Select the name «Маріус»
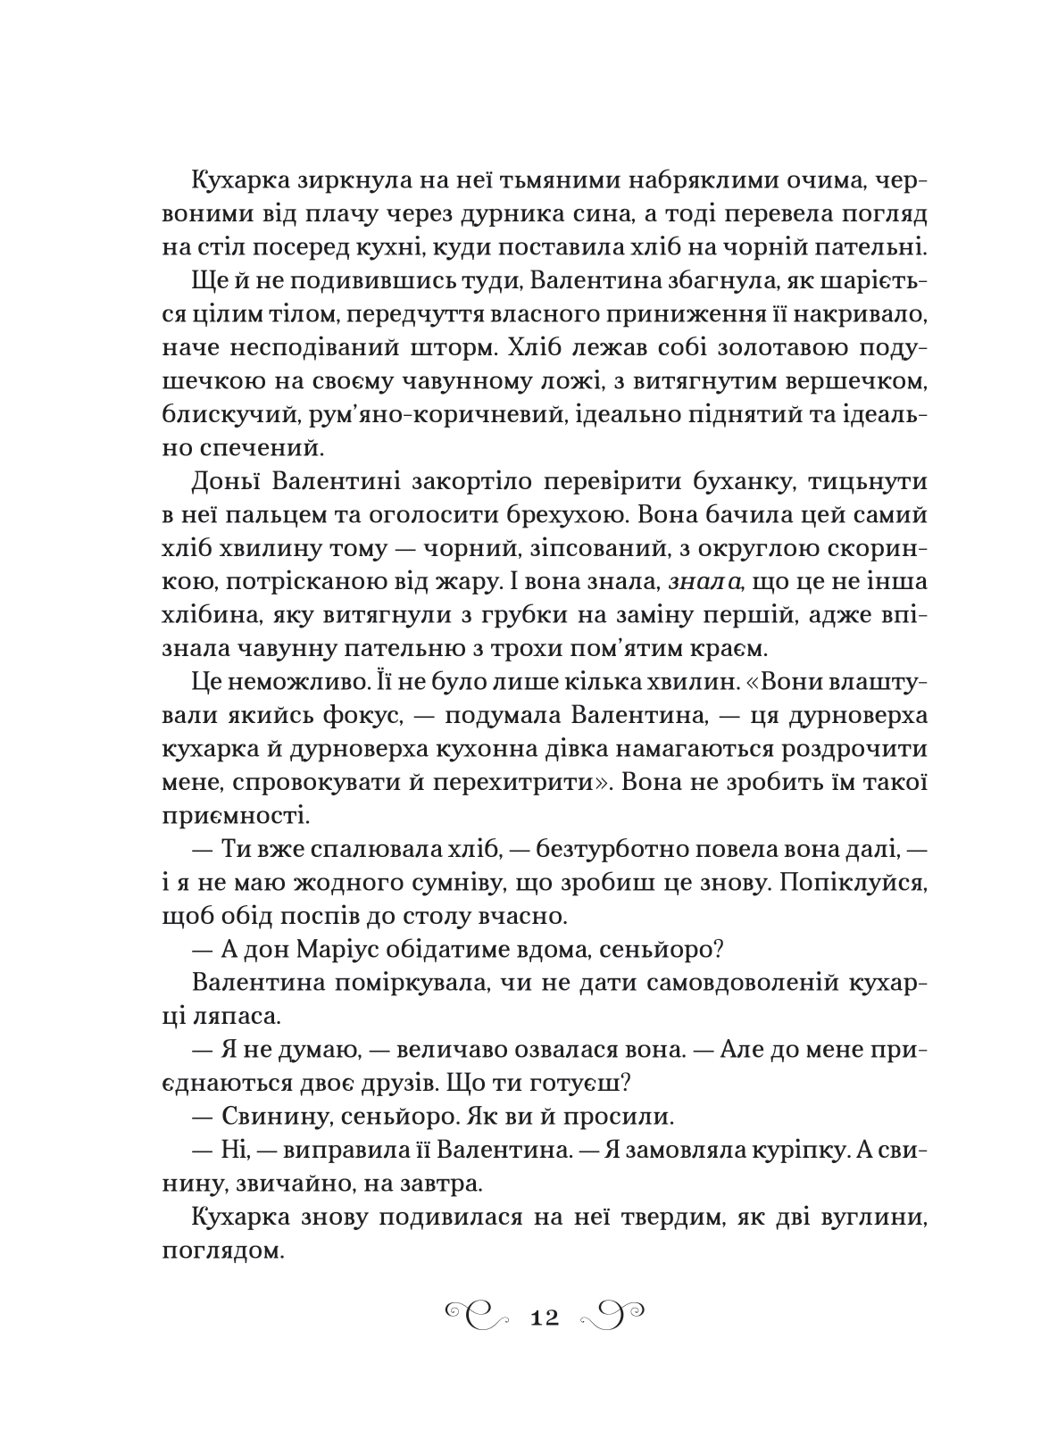389,951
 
